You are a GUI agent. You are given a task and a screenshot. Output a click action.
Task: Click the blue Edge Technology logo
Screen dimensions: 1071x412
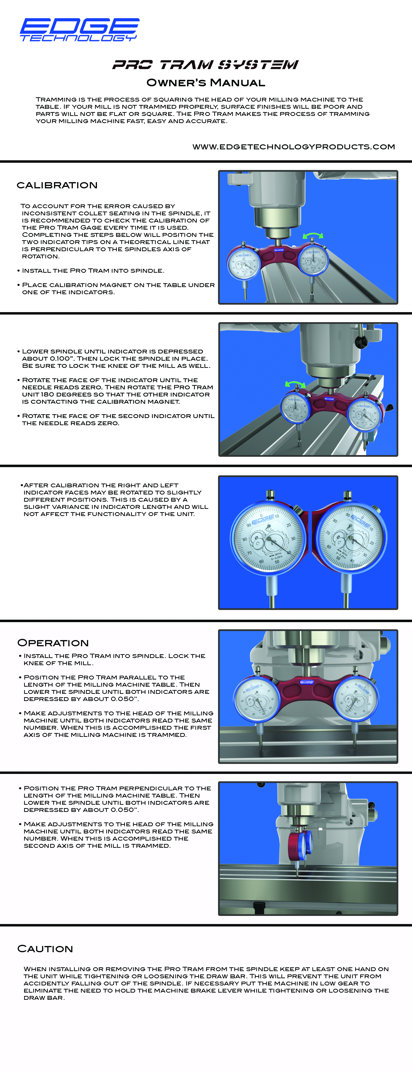[x=79, y=30]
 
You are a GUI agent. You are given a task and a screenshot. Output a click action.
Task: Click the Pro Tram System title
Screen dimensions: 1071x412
[x=206, y=65]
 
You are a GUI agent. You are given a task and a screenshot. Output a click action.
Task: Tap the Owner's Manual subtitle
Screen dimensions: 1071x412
[x=206, y=83]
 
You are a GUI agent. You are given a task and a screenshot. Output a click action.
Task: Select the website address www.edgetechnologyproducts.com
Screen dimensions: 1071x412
[x=294, y=147]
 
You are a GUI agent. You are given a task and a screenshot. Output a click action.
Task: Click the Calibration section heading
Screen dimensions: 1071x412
[x=57, y=185]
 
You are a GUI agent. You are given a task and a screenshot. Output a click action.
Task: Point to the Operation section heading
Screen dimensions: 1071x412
[x=53, y=643]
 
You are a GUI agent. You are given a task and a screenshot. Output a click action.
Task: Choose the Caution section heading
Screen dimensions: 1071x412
[x=45, y=949]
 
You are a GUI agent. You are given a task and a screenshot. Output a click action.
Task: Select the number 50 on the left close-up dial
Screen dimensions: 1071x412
[x=277, y=562]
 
